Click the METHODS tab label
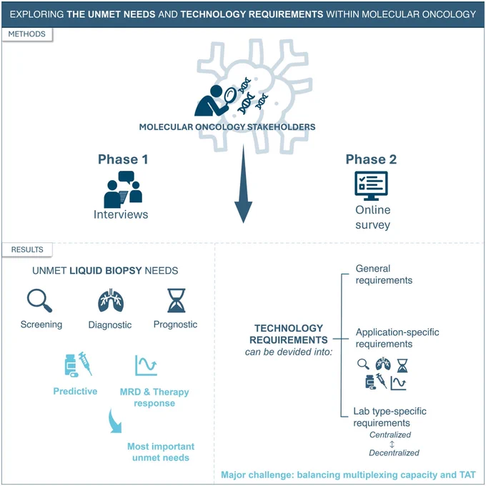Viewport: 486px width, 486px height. click(x=27, y=34)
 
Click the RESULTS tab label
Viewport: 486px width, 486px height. click(x=27, y=249)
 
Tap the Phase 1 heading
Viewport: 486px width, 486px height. click(x=123, y=159)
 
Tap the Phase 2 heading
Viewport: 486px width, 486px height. click(x=371, y=159)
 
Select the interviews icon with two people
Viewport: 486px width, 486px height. click(x=123, y=189)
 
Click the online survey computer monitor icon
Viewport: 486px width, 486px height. click(x=371, y=186)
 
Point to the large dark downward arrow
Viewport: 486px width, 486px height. click(x=243, y=184)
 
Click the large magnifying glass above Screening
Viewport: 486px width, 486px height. click(x=39, y=300)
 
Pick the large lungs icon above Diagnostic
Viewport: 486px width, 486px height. click(x=111, y=300)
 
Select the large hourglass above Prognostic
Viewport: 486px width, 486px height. click(x=177, y=300)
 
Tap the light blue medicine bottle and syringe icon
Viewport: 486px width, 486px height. click(x=79, y=364)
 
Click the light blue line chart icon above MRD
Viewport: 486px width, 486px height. click(x=146, y=365)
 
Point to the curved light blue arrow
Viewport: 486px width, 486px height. click(x=115, y=422)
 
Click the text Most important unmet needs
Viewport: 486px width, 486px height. click(x=161, y=452)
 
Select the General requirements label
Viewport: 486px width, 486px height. click(x=384, y=274)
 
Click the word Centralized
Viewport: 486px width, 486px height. click(x=390, y=435)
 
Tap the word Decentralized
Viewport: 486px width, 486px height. click(x=394, y=453)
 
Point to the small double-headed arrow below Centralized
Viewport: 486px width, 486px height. click(x=392, y=444)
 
